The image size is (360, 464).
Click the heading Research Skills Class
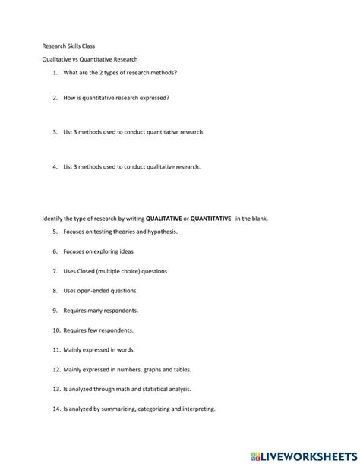tap(68, 46)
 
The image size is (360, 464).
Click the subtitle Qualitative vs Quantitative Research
tap(90, 59)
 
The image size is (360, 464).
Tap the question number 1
tap(55, 73)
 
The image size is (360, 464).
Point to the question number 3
tap(55, 132)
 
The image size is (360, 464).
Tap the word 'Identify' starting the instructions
tap(52, 219)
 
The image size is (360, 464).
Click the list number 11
tap(56, 350)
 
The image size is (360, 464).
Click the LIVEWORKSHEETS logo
tap(311, 454)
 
